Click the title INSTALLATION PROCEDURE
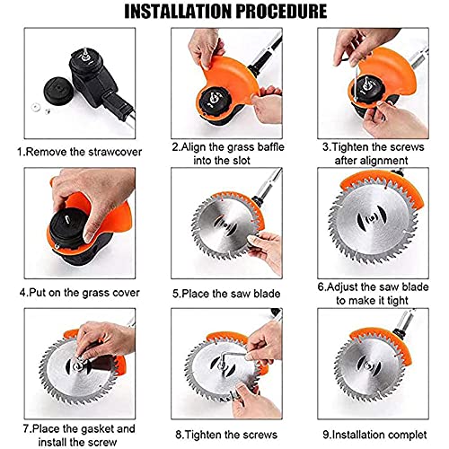pyautogui.click(x=224, y=13)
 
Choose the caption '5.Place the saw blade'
pyautogui.click(x=224, y=292)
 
